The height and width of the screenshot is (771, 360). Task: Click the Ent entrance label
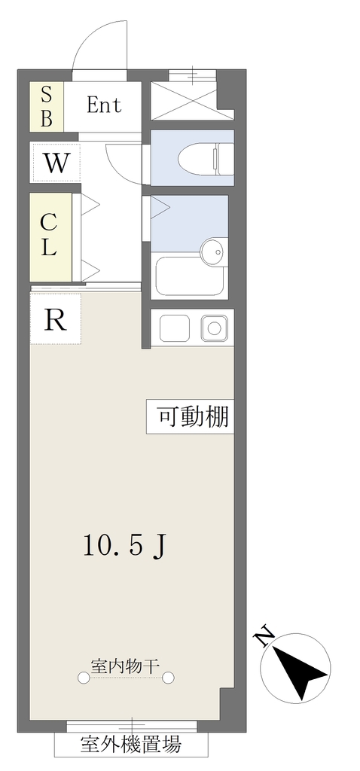pyautogui.click(x=104, y=105)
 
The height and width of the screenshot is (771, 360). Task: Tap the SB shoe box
pyautogui.click(x=46, y=106)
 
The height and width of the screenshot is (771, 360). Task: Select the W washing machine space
pyautogui.click(x=56, y=162)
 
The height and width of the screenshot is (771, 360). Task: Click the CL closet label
pyautogui.click(x=47, y=236)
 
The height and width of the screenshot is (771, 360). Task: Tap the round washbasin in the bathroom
pyautogui.click(x=215, y=252)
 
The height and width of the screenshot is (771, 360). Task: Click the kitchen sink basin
pyautogui.click(x=214, y=328)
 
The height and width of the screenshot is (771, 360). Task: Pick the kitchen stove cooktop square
pyautogui.click(x=174, y=328)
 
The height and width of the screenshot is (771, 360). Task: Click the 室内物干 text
pyautogui.click(x=126, y=666)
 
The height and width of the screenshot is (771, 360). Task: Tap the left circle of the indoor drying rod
pyautogui.click(x=84, y=678)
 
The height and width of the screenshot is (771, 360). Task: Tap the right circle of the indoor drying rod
pyautogui.click(x=168, y=678)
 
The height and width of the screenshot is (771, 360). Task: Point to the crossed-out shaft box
pyautogui.click(x=185, y=101)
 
